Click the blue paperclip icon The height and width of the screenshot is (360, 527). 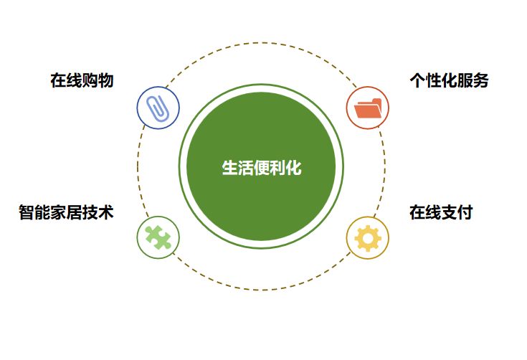coord(158,108)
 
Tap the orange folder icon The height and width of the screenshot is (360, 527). coord(368,108)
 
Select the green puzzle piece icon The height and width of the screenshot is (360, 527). coord(158,237)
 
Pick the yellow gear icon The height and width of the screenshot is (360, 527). coord(368,237)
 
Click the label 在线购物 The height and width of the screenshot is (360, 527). coord(82,80)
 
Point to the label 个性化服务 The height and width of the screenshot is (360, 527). coord(449,80)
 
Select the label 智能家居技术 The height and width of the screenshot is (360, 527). coord(66,212)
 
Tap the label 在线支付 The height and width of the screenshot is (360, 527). coord(441,212)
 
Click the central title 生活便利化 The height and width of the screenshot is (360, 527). coord(262,168)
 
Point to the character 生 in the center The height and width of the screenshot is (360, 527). coord(229,168)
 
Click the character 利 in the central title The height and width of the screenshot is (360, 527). coord(277,168)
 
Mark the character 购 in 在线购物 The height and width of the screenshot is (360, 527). coord(90,80)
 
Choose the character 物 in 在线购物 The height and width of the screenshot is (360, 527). coord(105,80)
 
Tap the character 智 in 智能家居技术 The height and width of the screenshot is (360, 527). coord(27,212)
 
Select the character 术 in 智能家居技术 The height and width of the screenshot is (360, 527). coord(105,212)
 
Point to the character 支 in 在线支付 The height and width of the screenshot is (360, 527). coord(449,212)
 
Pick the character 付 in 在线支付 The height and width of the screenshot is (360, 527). coord(465,212)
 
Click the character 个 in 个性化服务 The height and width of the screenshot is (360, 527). coord(417,80)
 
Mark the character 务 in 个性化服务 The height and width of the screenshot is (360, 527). coord(480,80)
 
